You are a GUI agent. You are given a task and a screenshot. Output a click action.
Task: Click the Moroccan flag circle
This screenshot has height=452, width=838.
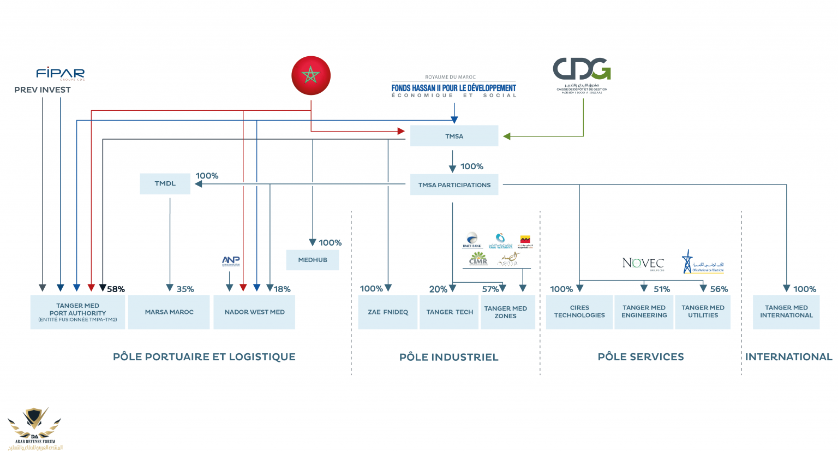pos(311,75)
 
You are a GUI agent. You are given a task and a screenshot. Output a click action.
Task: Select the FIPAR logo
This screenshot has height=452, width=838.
pos(60,73)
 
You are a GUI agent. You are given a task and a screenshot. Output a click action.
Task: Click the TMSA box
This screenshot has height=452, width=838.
pos(454,136)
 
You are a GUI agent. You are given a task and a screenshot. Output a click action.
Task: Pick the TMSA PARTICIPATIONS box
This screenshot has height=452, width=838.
pos(454,185)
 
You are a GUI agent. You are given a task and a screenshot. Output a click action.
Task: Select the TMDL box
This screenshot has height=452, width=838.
pos(165,183)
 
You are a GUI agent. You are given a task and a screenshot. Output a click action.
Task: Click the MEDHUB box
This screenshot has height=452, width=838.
pos(312,260)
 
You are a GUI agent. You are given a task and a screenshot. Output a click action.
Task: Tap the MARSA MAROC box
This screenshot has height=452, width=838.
pos(169,312)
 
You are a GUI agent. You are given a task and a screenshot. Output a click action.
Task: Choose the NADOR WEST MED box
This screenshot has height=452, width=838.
pos(254,312)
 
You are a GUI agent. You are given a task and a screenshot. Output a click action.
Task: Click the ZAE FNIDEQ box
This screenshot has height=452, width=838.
pos(387,312)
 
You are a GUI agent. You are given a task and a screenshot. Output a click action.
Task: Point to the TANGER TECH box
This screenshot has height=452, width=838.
pos(450,312)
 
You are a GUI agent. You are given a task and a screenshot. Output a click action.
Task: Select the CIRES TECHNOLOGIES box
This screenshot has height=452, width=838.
pos(579,312)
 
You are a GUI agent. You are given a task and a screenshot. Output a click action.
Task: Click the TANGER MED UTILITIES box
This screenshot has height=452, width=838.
pos(703,312)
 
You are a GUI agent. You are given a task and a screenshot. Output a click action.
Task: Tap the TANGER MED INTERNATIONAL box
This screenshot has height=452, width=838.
pos(786,312)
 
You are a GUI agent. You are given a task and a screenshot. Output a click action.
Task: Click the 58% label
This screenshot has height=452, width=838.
pos(116,289)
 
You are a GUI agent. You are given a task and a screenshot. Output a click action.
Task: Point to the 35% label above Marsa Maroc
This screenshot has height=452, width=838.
pos(185,289)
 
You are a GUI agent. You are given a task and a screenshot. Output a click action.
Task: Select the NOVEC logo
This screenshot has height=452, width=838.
pos(643,263)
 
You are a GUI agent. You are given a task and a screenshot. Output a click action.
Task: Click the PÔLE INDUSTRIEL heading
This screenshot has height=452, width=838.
pos(448,357)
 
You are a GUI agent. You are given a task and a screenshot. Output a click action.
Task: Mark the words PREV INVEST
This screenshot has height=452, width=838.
pos(43,90)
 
